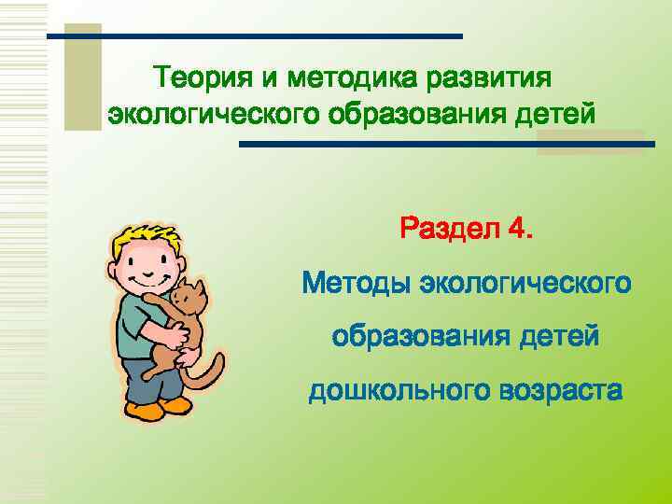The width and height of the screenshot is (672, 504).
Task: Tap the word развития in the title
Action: (491, 75)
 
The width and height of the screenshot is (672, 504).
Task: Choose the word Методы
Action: (356, 282)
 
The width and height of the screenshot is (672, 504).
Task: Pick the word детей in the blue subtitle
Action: (559, 336)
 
